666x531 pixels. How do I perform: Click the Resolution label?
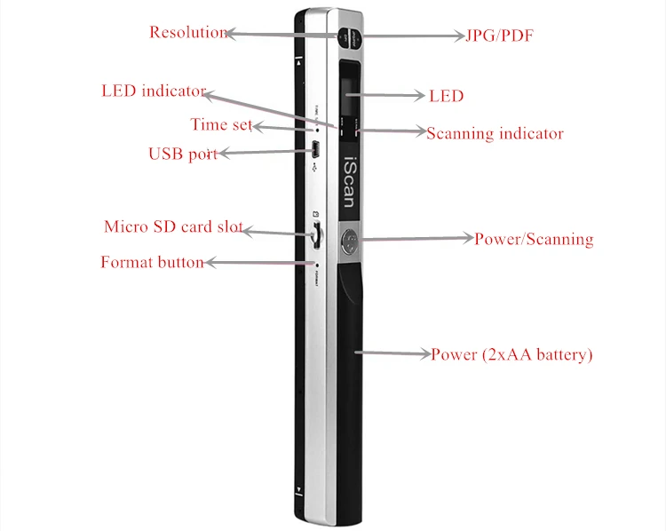point(188,33)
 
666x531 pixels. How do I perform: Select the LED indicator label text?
point(153,91)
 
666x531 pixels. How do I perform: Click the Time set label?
point(221,124)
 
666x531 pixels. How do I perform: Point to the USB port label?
point(182,154)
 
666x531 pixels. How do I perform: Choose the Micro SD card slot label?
point(173,226)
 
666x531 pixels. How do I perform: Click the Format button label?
point(152,262)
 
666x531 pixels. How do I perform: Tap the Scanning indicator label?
point(495,134)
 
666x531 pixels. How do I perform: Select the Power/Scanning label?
point(533,239)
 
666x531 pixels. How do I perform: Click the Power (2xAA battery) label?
point(511,354)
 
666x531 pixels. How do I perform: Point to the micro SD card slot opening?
point(316,235)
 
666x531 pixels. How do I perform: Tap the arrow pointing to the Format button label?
point(258,263)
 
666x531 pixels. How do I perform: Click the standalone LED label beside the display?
point(446,95)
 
